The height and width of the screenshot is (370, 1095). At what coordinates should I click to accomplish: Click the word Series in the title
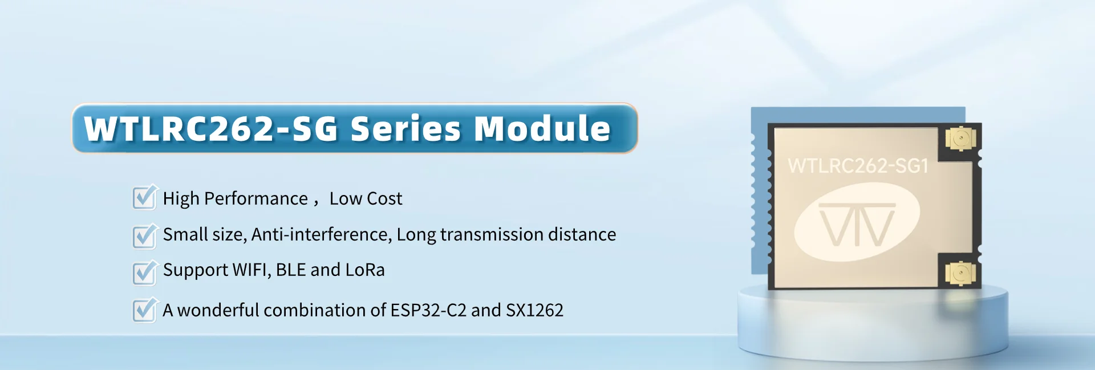coord(405,128)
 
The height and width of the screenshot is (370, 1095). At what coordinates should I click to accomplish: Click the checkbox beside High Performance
coord(145,197)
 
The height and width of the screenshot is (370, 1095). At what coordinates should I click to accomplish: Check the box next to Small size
coord(145,235)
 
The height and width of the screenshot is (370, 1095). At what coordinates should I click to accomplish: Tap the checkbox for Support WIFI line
coord(145,271)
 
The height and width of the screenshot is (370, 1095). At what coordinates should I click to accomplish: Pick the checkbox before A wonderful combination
coord(145,310)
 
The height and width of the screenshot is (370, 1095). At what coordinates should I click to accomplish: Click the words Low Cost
coord(366,198)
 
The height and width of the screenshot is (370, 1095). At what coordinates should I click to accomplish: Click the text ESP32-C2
coord(428,310)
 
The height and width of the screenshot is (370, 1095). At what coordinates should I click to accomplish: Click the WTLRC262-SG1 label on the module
coord(858,166)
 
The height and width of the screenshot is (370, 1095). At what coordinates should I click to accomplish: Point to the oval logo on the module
coord(857,222)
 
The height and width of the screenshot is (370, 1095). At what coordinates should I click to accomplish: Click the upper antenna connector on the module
coord(961,139)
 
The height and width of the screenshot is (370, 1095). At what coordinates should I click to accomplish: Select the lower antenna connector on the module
coord(961,274)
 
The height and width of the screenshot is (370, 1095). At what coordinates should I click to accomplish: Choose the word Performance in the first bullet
coord(256,198)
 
